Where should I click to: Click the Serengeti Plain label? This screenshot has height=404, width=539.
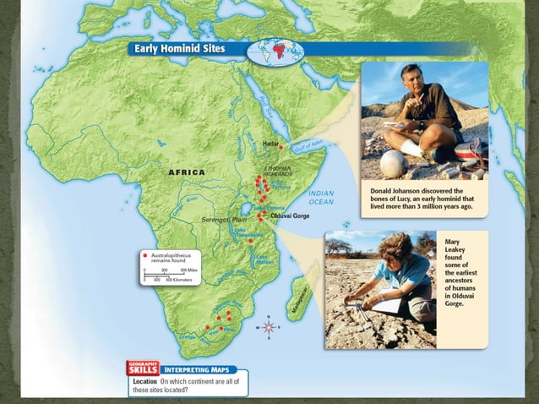click(222, 219)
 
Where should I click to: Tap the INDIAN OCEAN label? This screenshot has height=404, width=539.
click(321, 198)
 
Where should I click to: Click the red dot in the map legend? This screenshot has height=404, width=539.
click(145, 254)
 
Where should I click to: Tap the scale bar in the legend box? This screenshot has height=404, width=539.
click(169, 274)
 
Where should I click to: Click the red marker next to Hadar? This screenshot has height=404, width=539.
click(268, 153)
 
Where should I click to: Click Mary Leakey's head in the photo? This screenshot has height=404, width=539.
click(396, 250)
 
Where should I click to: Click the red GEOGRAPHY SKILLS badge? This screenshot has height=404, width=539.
click(142, 367)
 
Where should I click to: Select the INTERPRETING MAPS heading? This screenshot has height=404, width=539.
click(191, 369)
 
